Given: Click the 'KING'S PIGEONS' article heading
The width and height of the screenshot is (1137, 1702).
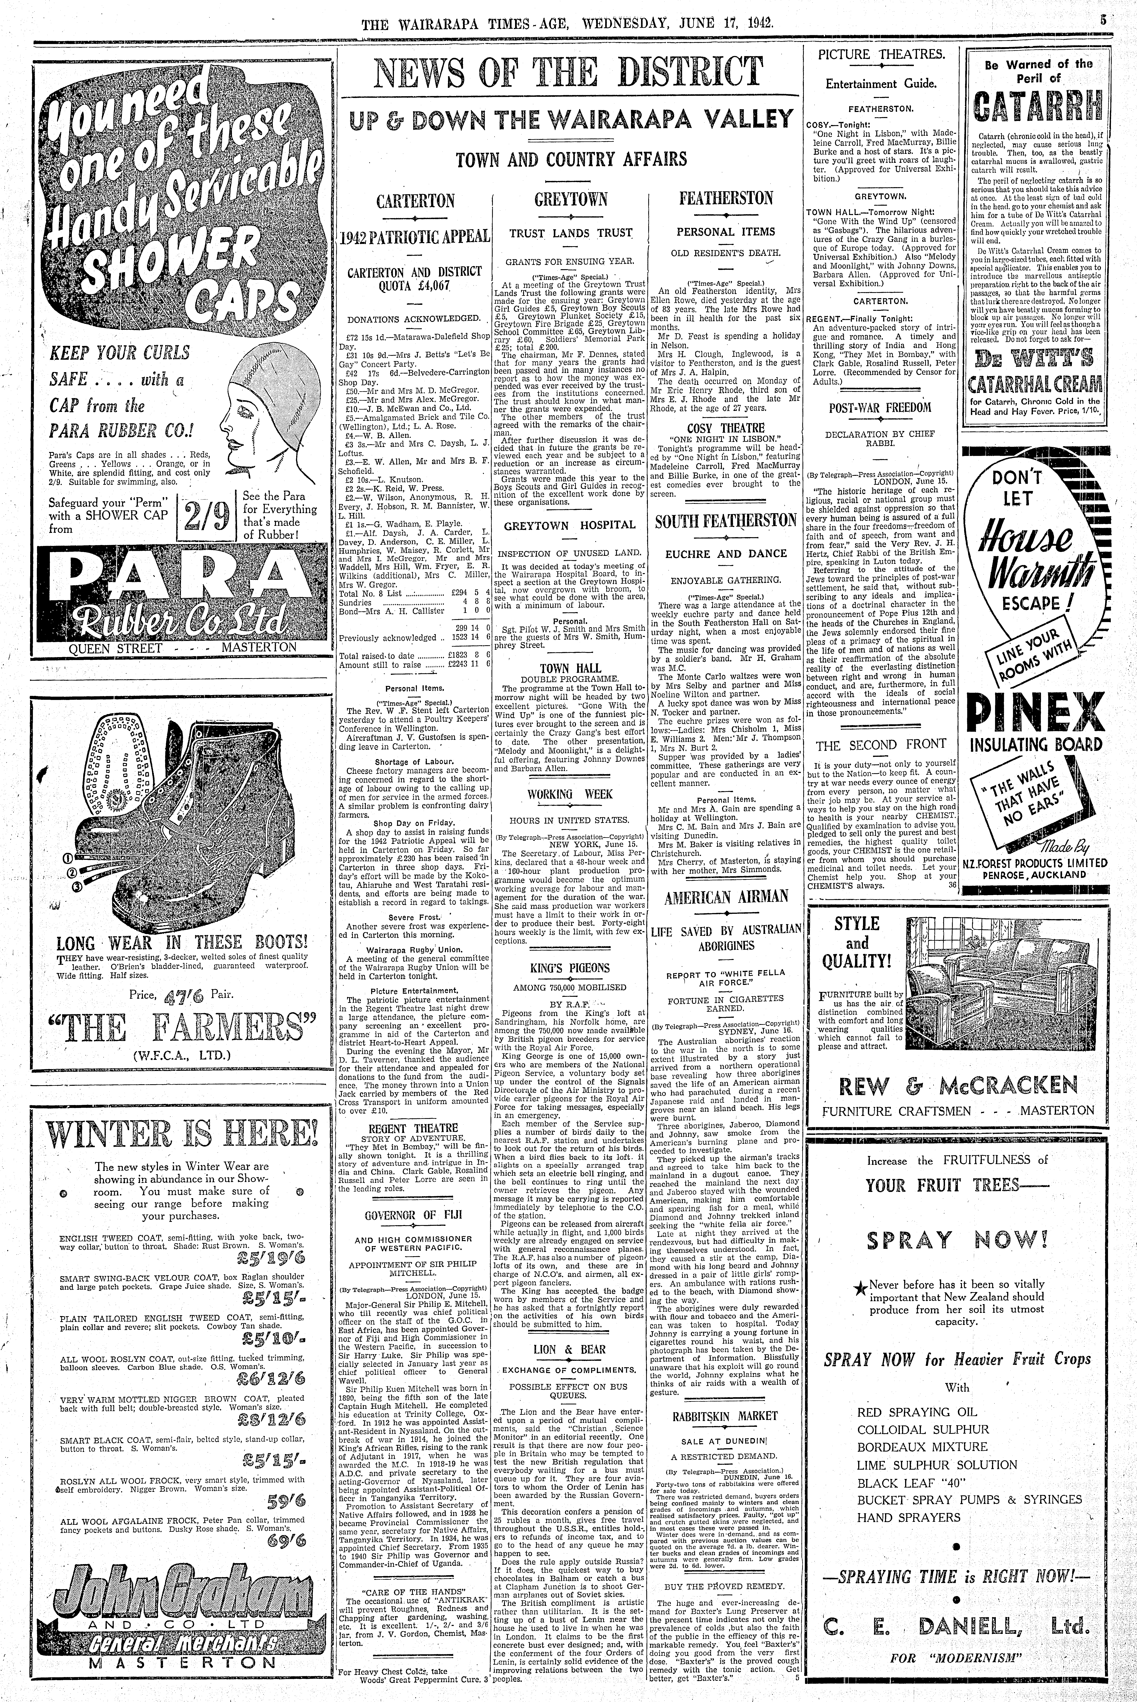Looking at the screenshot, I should click(570, 968).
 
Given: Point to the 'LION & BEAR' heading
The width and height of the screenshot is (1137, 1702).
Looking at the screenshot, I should click(570, 1349).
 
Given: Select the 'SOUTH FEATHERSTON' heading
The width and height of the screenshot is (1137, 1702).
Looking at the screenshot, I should click(726, 521).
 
